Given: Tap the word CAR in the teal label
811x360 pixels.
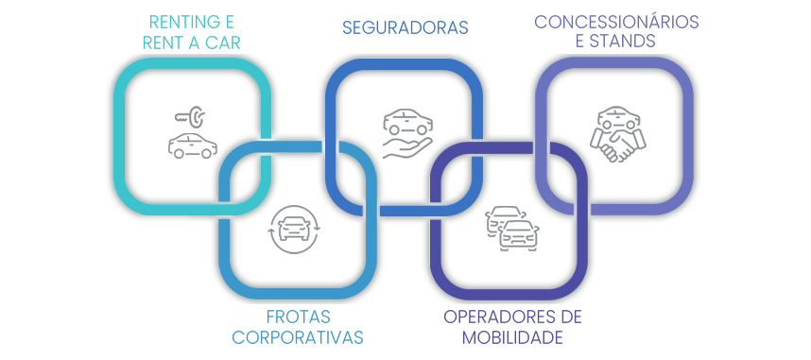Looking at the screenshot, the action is click(222, 43).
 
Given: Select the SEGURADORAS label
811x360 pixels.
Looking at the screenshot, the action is click(405, 28).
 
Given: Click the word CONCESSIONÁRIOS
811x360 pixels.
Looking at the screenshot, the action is click(616, 23).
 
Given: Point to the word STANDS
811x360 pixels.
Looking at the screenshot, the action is click(623, 41).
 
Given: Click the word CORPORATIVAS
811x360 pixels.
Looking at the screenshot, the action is click(298, 337).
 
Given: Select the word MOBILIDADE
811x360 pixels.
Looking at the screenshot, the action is click(512, 337).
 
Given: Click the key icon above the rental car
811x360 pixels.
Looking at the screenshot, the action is click(190, 117).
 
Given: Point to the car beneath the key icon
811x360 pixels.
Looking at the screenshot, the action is click(193, 146).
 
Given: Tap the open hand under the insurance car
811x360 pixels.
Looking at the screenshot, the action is click(407, 148).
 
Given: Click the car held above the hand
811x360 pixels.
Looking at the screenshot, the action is click(408, 122).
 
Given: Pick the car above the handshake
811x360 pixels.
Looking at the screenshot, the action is click(619, 117).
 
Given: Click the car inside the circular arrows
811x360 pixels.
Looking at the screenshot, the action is click(294, 229).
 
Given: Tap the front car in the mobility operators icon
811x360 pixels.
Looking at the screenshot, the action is click(519, 235).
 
